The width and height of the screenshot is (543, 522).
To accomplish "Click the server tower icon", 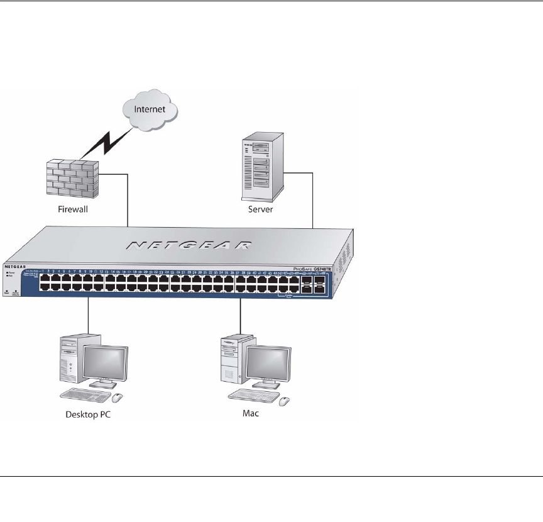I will (257, 165).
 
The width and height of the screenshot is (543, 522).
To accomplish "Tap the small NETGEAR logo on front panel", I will (16, 267).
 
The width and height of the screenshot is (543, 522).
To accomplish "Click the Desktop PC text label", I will (92, 415).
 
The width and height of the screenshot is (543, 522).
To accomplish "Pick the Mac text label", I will (251, 414).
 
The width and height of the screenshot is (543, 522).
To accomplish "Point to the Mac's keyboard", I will (251, 394).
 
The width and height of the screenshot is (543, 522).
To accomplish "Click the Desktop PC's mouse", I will (118, 397).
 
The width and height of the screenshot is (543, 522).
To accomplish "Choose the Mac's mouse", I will (285, 401).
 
